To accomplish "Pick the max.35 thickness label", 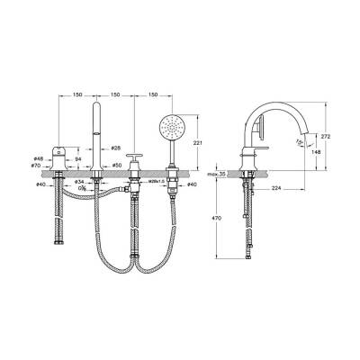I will click(x=214, y=174).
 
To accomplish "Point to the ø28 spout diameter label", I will click(x=115, y=148).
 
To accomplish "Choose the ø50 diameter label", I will click(x=115, y=166).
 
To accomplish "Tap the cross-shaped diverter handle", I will click(x=135, y=163).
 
